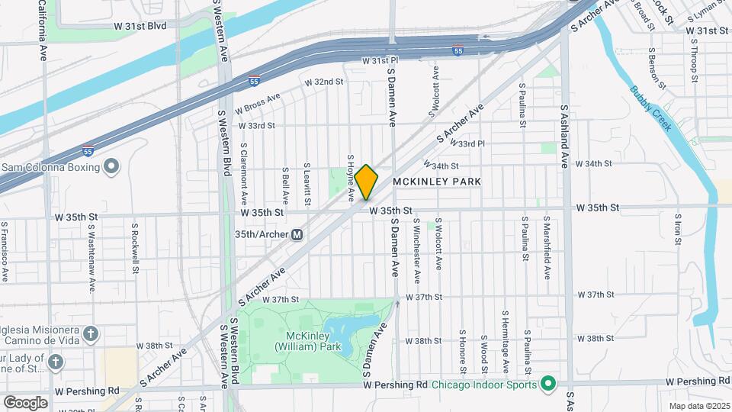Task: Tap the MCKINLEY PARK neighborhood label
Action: coord(438,182)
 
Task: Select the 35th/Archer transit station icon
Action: coord(297,234)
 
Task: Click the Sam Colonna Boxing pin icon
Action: coord(112,166)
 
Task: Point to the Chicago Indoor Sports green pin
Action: coord(547,382)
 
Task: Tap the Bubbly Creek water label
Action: coord(650,108)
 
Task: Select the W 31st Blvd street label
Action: coord(140,26)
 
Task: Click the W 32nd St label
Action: coord(324,82)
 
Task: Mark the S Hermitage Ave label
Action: coord(505,334)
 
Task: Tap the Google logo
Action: coord(26,402)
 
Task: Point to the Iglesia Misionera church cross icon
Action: coord(90,334)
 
